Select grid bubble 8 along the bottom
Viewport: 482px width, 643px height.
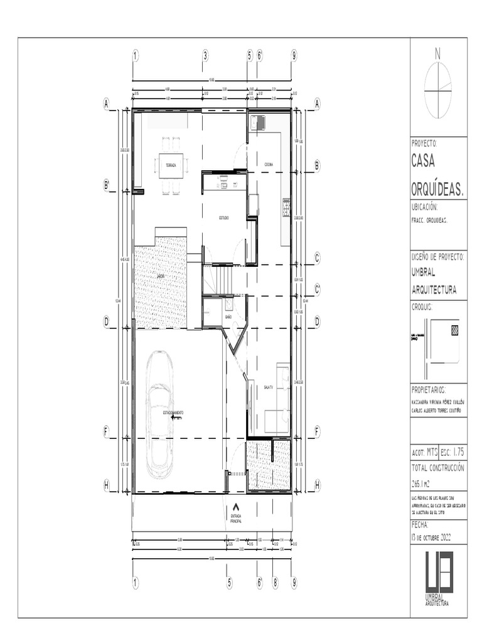tap(274, 583)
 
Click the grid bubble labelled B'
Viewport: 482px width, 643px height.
tap(107, 186)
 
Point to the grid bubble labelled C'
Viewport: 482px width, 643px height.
tap(318, 289)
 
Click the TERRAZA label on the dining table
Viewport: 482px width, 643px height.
tap(171, 165)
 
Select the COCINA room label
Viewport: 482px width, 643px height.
tap(269, 165)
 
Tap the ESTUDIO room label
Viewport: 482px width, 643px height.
tap(223, 217)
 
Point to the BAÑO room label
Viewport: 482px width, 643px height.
tap(228, 318)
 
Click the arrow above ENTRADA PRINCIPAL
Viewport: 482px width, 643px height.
tap(236, 506)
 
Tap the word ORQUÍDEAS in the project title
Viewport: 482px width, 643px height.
tap(437, 189)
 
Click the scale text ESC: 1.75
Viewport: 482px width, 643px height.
tap(453, 451)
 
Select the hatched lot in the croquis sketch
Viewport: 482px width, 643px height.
tap(454, 328)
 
